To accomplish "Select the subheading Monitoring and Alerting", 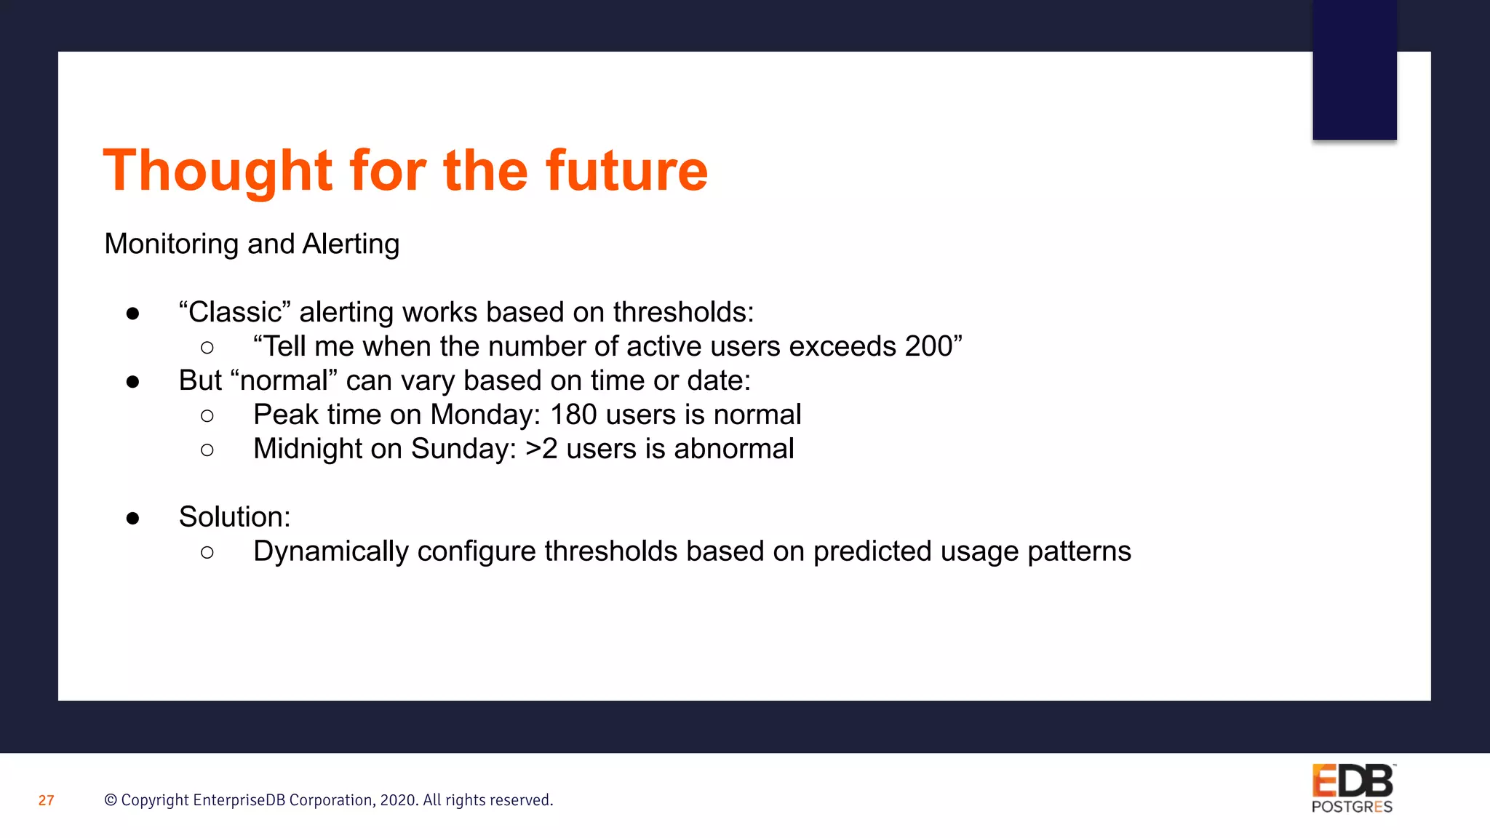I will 252,244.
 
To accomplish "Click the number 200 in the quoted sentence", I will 928,346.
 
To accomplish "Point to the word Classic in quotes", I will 234,312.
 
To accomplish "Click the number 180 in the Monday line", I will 573,415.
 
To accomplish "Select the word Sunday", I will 463,449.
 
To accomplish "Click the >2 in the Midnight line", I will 541,449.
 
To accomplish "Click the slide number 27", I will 46,801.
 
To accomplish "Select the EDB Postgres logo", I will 1352,789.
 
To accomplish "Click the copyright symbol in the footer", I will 111,800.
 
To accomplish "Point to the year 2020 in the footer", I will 397,800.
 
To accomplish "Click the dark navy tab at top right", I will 1354,70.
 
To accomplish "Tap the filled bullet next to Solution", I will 132,518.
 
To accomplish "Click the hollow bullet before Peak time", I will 207,416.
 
